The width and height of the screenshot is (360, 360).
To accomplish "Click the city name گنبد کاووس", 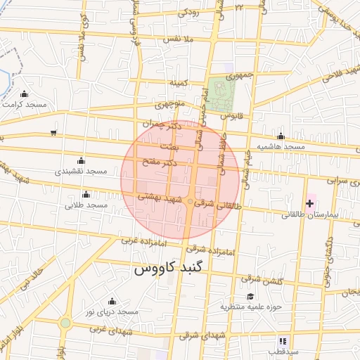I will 169,269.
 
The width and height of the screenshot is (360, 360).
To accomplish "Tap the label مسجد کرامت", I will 25,104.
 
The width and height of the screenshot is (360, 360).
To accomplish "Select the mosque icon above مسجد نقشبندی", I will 80,160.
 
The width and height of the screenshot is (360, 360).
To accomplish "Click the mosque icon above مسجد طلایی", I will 86,194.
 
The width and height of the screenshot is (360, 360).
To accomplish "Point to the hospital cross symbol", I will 309,203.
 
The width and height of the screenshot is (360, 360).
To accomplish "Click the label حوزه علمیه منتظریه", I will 251,307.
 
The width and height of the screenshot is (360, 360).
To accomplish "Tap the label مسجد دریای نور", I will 112,311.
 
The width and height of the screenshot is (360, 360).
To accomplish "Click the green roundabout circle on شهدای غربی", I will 65,323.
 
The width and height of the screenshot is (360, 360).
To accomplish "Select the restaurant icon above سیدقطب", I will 281,341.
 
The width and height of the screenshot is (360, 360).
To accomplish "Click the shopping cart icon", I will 54,132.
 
